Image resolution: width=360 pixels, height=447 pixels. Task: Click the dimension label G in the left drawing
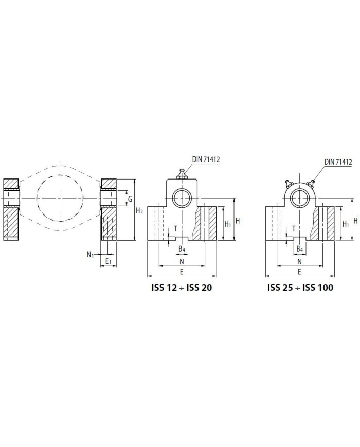coord(131,199)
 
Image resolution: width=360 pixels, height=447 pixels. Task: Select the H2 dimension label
coord(139,211)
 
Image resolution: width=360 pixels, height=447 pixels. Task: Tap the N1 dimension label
coord(91,254)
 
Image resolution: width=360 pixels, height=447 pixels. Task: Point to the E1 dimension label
coord(109,262)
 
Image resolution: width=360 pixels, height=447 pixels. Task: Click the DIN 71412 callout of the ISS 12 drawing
coord(206,159)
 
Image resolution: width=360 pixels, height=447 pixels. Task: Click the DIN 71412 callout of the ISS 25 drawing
coord(338,162)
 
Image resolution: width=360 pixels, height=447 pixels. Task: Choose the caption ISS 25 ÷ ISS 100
coord(300,288)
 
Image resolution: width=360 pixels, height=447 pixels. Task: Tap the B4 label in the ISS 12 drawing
coord(182,249)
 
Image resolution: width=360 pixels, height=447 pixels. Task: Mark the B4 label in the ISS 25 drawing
coord(299,249)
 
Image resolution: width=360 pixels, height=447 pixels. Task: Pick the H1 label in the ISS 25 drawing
coord(346,224)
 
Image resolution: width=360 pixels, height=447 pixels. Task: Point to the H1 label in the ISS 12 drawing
coord(228,224)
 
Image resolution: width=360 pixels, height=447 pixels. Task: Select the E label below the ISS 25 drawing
coord(299,271)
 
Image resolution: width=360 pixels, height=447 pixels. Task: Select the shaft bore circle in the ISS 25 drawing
coord(299,197)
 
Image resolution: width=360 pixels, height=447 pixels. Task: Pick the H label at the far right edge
coord(355,220)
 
